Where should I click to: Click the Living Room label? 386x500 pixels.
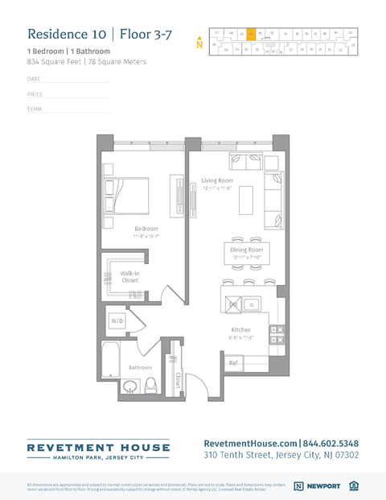click(217, 180)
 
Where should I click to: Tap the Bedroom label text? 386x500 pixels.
click(146, 229)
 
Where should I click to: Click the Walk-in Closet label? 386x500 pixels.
click(129, 277)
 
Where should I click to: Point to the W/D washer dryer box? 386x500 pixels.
click(117, 320)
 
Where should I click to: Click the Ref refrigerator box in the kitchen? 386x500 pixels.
click(233, 363)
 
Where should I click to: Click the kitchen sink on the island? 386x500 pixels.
click(252, 304)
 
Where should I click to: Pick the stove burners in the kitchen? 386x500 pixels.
click(276, 335)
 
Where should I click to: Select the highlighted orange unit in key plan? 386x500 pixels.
click(251, 34)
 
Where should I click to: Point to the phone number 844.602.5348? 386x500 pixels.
click(331, 443)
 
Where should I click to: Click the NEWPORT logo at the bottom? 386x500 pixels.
click(318, 486)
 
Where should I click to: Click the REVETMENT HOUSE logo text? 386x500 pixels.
click(99, 447)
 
